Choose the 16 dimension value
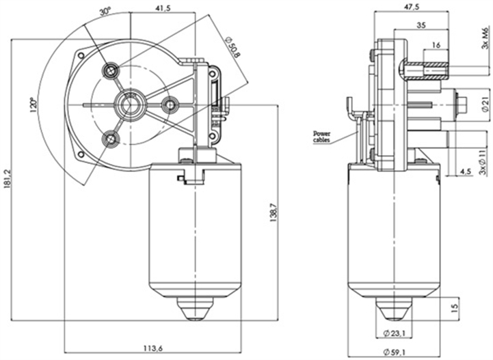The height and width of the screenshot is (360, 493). click(x=435, y=45)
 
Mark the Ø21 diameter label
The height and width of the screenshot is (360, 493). click(x=485, y=105)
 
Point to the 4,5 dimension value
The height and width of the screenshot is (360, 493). click(x=465, y=171)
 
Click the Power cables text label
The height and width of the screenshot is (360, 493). click(x=321, y=135)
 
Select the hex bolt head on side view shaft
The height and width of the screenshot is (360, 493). click(x=462, y=104)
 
